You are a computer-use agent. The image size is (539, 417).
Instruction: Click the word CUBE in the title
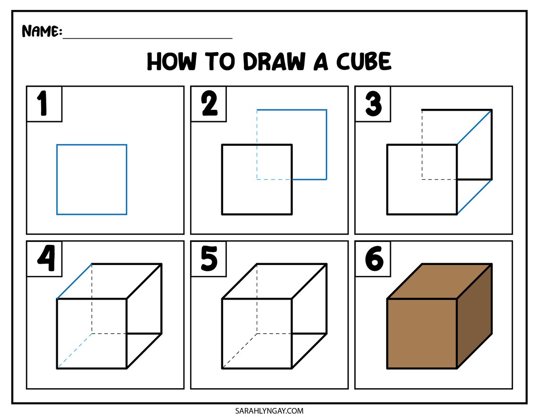click(x=364, y=62)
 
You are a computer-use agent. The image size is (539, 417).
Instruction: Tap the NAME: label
click(x=42, y=32)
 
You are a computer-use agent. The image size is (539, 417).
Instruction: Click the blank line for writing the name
click(x=148, y=36)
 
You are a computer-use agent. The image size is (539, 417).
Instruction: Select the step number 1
click(x=43, y=104)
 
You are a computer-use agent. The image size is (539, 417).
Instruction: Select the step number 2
click(x=209, y=104)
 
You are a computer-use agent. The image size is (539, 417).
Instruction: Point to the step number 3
click(x=373, y=104)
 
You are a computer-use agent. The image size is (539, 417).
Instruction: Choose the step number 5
click(x=209, y=259)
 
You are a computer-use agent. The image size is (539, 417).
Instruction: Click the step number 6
click(x=374, y=259)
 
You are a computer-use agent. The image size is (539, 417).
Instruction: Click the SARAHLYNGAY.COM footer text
click(x=269, y=411)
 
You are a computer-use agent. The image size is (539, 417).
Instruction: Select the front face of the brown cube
click(x=422, y=333)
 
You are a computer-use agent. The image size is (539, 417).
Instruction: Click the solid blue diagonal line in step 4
click(x=74, y=281)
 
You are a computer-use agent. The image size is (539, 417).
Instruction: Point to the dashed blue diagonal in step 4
click(x=74, y=351)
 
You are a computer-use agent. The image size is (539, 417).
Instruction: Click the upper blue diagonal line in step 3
click(x=474, y=127)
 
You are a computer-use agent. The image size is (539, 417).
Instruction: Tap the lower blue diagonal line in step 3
click(x=474, y=197)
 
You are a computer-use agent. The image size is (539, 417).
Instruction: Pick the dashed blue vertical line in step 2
click(x=257, y=145)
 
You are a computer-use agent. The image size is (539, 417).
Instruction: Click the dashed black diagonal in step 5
click(x=239, y=351)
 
